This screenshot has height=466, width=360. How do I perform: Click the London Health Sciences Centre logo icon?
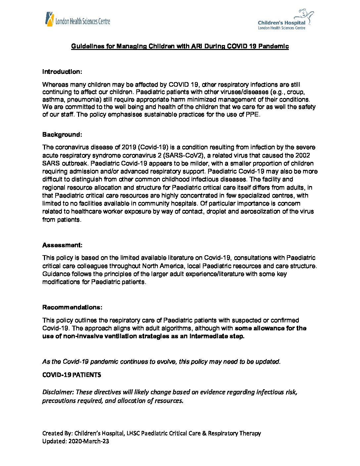click(49, 19)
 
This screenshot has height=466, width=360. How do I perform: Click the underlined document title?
click(180, 46)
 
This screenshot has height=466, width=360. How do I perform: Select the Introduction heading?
click(62, 72)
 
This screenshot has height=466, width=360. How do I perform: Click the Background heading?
click(62, 135)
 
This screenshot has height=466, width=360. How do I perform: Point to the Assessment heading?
click(62, 245)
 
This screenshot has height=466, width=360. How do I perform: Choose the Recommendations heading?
click(72, 307)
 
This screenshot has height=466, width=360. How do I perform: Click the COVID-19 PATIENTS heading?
click(71, 375)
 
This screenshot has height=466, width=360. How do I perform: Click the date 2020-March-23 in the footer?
click(89, 441)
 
